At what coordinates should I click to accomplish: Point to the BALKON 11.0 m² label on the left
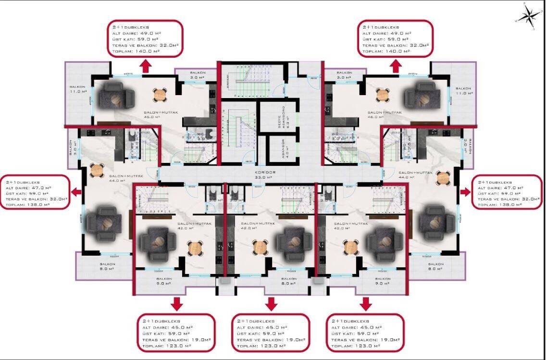[x=77, y=89]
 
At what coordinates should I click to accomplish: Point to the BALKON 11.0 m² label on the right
[x=463, y=91]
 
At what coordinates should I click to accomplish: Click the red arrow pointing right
[x=465, y=192]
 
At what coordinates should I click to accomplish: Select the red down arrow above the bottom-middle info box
[x=272, y=303]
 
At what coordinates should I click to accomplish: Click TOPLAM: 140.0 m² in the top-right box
[x=386, y=51]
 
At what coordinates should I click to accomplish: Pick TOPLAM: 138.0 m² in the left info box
[x=28, y=205]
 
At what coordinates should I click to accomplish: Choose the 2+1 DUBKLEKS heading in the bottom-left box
[x=161, y=321]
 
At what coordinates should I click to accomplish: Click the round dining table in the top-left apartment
[x=160, y=94]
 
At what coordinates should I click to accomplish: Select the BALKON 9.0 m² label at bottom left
[x=164, y=281]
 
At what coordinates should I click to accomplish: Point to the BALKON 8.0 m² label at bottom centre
[x=289, y=281]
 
